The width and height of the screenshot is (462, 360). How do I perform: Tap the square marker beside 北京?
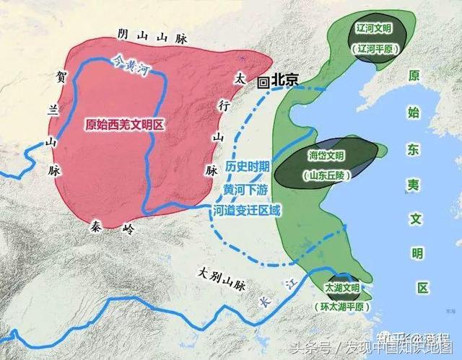(264, 82)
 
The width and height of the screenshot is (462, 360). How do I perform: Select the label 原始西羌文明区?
(124, 123)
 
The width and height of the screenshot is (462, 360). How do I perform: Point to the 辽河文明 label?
(373, 30)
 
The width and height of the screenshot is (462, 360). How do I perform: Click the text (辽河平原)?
(373, 49)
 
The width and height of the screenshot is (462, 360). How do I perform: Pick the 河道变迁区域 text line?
(247, 211)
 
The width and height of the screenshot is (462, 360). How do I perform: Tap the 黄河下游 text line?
(247, 189)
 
